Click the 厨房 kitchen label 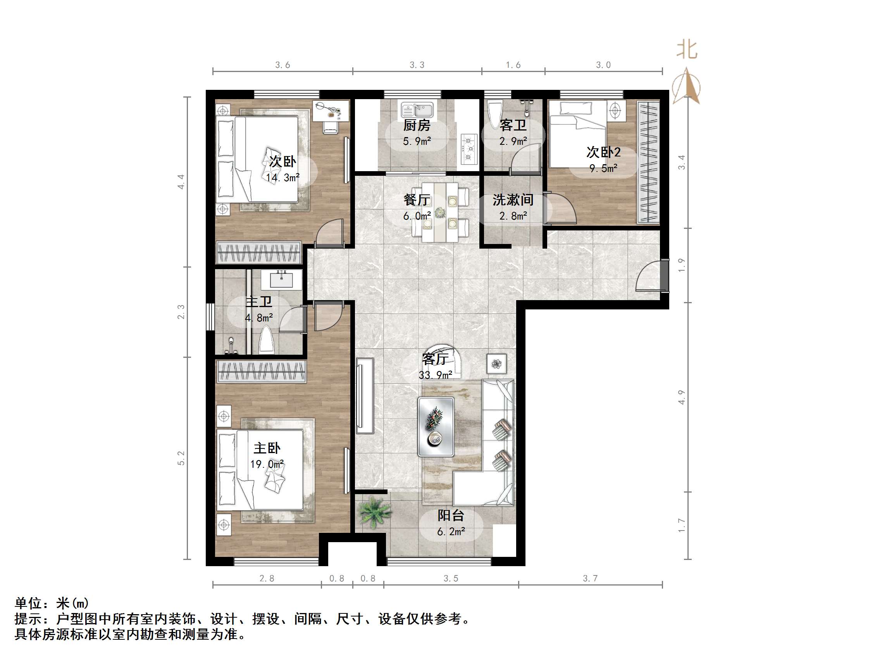[417, 125]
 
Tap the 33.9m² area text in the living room [435, 375]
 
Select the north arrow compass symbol [686, 86]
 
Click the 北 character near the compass [687, 50]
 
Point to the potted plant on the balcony [374, 512]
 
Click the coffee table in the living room [436, 427]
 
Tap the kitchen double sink [417, 109]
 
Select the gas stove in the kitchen [469, 149]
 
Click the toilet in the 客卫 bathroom [494, 114]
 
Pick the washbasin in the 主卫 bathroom [282, 279]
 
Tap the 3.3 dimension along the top [417, 65]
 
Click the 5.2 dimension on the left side [181, 458]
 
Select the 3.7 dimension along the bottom [590, 579]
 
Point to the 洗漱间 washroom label [513, 200]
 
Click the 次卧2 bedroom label [603, 152]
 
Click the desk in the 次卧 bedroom [331, 110]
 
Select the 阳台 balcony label [451, 515]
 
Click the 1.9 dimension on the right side [681, 265]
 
